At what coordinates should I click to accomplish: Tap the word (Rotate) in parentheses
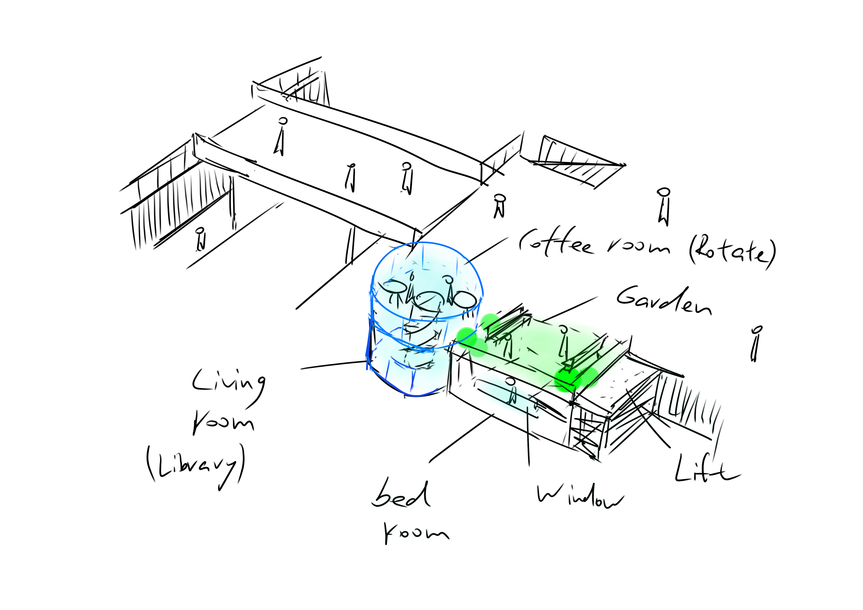pos(731,251)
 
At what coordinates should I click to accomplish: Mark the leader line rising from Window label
pos(528,436)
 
